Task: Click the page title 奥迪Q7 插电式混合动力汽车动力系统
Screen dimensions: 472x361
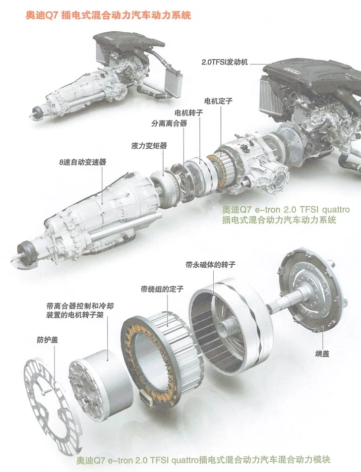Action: pyautogui.click(x=108, y=16)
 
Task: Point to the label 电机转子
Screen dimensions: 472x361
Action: pyautogui.click(x=188, y=112)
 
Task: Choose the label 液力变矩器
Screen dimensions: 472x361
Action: pyautogui.click(x=149, y=145)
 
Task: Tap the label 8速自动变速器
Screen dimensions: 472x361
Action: pyautogui.click(x=82, y=162)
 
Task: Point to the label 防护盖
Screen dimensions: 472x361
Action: pyautogui.click(x=47, y=339)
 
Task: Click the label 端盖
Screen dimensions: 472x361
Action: pyautogui.click(x=322, y=354)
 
